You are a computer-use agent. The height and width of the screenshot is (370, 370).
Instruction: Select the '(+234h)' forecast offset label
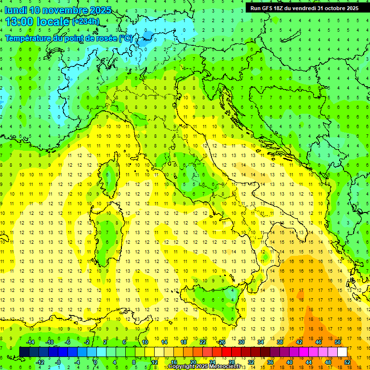pyautogui.click(x=85, y=22)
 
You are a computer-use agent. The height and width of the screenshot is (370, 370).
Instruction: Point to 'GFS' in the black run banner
pyautogui.click(x=266, y=8)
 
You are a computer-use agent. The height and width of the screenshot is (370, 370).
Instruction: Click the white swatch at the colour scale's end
pyautogui.click(x=342, y=352)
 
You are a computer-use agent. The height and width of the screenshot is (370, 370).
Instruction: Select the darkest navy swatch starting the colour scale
pyautogui.click(x=24, y=352)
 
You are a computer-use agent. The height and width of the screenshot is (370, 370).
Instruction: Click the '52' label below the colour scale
pyautogui.click(x=347, y=362)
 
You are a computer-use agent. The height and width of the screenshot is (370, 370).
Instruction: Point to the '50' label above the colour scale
pyautogui.click(x=337, y=342)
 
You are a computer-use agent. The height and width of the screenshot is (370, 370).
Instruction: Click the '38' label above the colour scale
pyautogui.click(x=279, y=342)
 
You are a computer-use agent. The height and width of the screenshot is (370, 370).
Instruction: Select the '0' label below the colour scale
pyautogui.click(x=95, y=362)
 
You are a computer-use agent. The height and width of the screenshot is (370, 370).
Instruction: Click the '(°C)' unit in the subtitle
pyautogui.click(x=126, y=38)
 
